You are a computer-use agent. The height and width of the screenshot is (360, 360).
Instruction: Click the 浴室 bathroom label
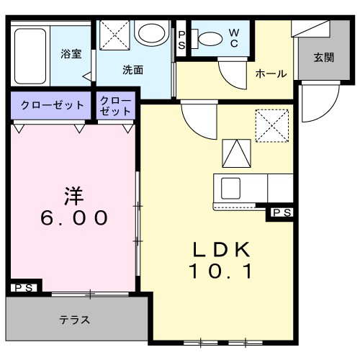(x=70, y=53)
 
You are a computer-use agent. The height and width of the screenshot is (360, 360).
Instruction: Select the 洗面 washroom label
(x=132, y=71)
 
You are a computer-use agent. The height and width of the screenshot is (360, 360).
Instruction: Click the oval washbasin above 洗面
(x=150, y=33)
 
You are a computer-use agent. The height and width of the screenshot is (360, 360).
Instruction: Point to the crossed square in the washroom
(x=113, y=34)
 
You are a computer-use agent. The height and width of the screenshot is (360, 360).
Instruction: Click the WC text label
(x=234, y=37)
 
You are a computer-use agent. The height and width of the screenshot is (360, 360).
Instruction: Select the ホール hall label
(x=271, y=73)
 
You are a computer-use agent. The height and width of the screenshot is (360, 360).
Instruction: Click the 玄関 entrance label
(x=323, y=58)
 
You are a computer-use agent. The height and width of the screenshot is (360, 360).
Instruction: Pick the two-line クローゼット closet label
(x=116, y=105)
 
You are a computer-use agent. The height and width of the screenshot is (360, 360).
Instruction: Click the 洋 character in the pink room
(x=71, y=194)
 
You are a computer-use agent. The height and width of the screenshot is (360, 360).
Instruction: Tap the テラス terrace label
(x=75, y=320)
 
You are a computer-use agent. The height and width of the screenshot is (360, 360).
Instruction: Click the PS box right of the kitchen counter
(x=281, y=212)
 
